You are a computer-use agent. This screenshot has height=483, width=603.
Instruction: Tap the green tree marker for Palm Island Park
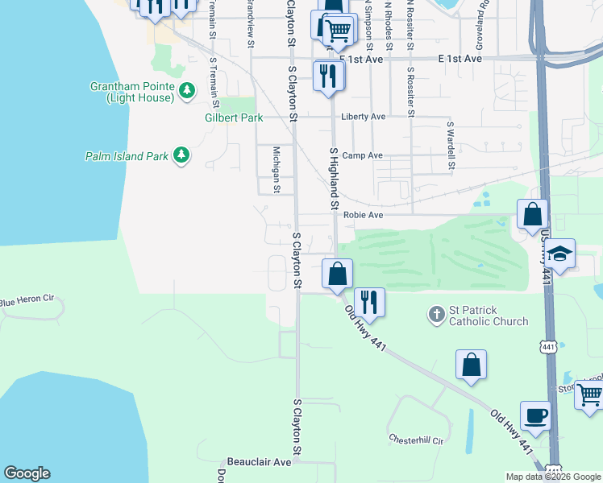click(x=181, y=155)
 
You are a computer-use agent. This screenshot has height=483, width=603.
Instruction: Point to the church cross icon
click(x=436, y=315)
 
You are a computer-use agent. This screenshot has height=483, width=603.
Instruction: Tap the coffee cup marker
click(x=535, y=417)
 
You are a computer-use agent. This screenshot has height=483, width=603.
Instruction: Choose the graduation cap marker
click(x=559, y=255)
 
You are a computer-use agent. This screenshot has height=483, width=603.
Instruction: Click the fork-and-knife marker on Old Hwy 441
click(x=369, y=303)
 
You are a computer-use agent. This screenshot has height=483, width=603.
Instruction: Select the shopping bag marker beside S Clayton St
click(x=338, y=274)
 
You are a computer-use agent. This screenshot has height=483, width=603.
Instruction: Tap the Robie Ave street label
click(x=363, y=216)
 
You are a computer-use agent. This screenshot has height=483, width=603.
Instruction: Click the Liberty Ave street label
click(x=364, y=117)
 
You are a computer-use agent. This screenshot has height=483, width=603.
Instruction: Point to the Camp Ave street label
click(x=363, y=155)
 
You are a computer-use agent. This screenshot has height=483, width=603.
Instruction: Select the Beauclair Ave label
click(x=259, y=463)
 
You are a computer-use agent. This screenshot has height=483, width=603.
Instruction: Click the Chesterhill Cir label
click(x=417, y=440)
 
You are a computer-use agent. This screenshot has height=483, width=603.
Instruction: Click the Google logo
click(x=27, y=473)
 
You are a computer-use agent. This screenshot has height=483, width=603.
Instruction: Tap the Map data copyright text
click(x=553, y=477)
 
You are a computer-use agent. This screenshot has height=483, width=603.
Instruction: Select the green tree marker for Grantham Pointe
click(x=187, y=90)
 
